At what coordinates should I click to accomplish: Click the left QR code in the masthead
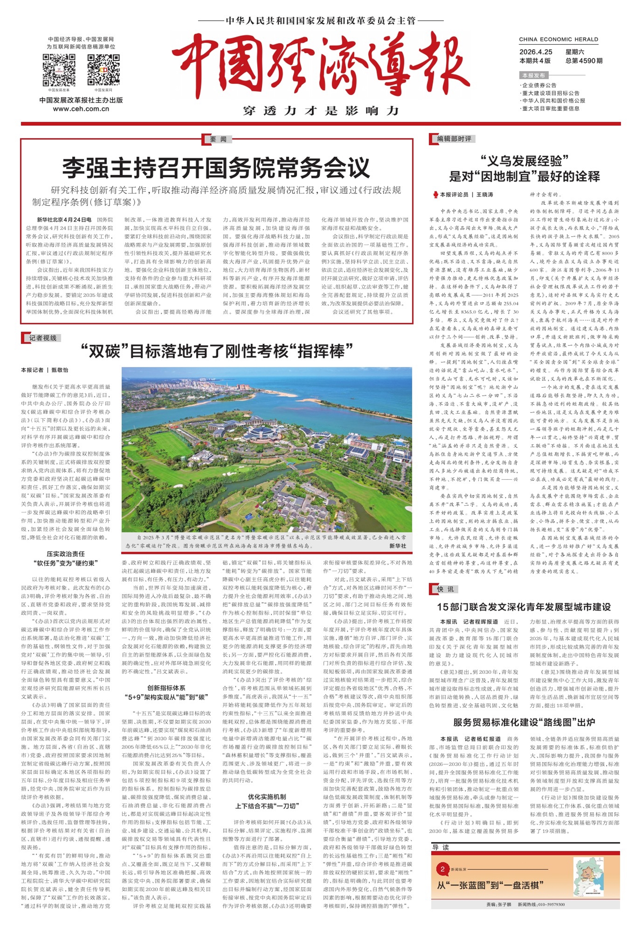pyautogui.click(x=59, y=70)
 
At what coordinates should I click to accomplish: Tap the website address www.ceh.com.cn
pyautogui.click(x=81, y=109)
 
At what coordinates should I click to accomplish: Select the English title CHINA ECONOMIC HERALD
pyautogui.click(x=558, y=39)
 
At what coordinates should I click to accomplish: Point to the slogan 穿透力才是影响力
pyautogui.click(x=320, y=111)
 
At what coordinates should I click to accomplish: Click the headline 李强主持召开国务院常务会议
pyautogui.click(x=216, y=168)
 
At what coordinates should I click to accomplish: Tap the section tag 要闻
pyautogui.click(x=218, y=139)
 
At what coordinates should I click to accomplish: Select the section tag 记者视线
pyautogui.click(x=43, y=338)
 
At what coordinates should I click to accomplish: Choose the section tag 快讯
pyautogui.click(x=445, y=589)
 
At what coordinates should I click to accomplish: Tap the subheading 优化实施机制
pyautogui.click(x=267, y=797)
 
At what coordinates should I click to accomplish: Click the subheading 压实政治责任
pyautogui.click(x=65, y=554)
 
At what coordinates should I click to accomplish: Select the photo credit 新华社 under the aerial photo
pyautogui.click(x=397, y=546)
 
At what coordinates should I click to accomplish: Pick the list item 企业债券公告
pyautogui.click(x=539, y=85)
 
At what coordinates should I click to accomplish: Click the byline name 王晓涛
pyautogui.click(x=484, y=194)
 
